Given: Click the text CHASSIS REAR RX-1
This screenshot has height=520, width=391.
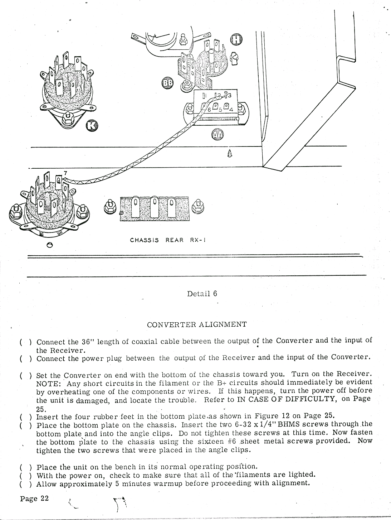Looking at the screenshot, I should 168,240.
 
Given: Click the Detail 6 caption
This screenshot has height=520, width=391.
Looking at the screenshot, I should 202,294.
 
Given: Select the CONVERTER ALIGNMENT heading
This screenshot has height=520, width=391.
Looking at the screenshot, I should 197,325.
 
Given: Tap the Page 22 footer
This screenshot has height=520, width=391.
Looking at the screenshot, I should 34,499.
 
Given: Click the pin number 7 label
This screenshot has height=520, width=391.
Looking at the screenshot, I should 65,173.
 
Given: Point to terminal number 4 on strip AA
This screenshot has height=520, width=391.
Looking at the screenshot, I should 231,109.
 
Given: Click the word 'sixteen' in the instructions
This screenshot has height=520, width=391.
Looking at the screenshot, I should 205,441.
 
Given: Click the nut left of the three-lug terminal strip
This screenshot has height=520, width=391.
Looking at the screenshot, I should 109,207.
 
